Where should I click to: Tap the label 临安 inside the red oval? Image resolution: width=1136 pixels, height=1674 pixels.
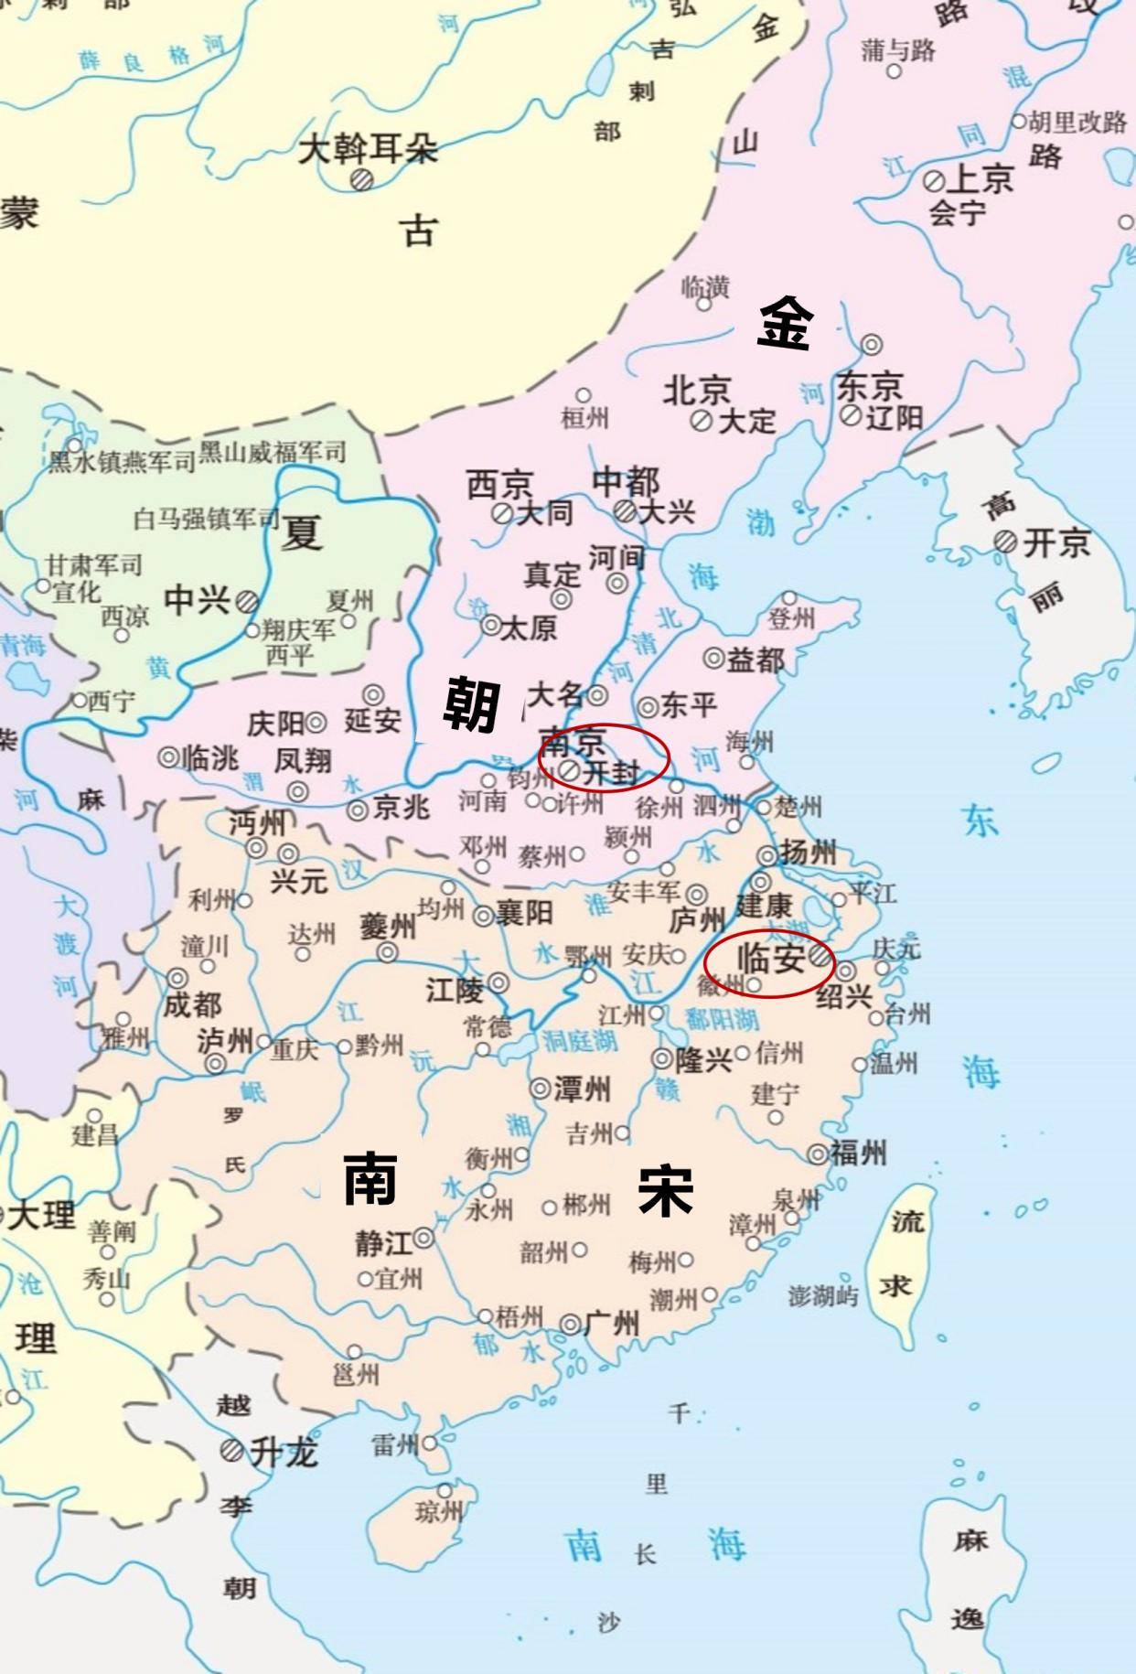click(770, 959)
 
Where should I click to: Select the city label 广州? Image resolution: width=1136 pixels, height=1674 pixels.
click(611, 1323)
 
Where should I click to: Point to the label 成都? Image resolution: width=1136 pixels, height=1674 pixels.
click(192, 1004)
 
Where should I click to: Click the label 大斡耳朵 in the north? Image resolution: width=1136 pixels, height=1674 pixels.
click(368, 149)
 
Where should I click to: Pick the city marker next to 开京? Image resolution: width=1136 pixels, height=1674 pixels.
click(1005, 542)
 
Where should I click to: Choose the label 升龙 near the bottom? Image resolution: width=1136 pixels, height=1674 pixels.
click(284, 1452)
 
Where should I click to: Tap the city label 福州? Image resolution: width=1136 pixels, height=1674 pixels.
click(858, 1153)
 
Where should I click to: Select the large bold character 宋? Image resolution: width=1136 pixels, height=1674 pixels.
click(665, 1191)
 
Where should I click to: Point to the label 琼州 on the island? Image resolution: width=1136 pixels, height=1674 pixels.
click(439, 1512)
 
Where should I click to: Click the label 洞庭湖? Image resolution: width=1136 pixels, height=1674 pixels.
click(580, 1040)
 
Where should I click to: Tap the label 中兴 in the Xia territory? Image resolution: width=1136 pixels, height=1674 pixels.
click(197, 600)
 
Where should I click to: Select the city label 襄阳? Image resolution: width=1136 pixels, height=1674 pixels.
click(524, 913)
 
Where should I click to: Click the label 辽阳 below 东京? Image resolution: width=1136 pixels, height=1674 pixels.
click(894, 418)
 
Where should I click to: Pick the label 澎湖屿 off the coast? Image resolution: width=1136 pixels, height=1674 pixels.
click(823, 1295)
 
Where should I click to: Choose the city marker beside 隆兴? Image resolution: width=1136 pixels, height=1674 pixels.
click(662, 1059)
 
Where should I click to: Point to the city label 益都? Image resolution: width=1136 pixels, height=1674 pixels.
click(756, 659)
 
